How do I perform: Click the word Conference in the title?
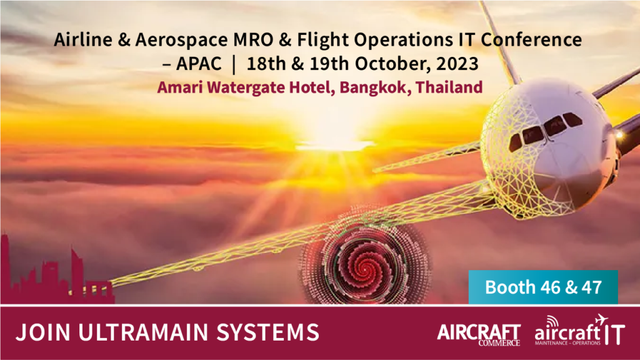coord(531,39)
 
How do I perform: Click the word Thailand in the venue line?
coord(449,87)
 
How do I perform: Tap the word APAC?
coord(199,64)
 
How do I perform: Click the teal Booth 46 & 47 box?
coord(543,287)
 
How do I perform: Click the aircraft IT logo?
coord(579,331)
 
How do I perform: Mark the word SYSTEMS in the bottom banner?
coord(267,332)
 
